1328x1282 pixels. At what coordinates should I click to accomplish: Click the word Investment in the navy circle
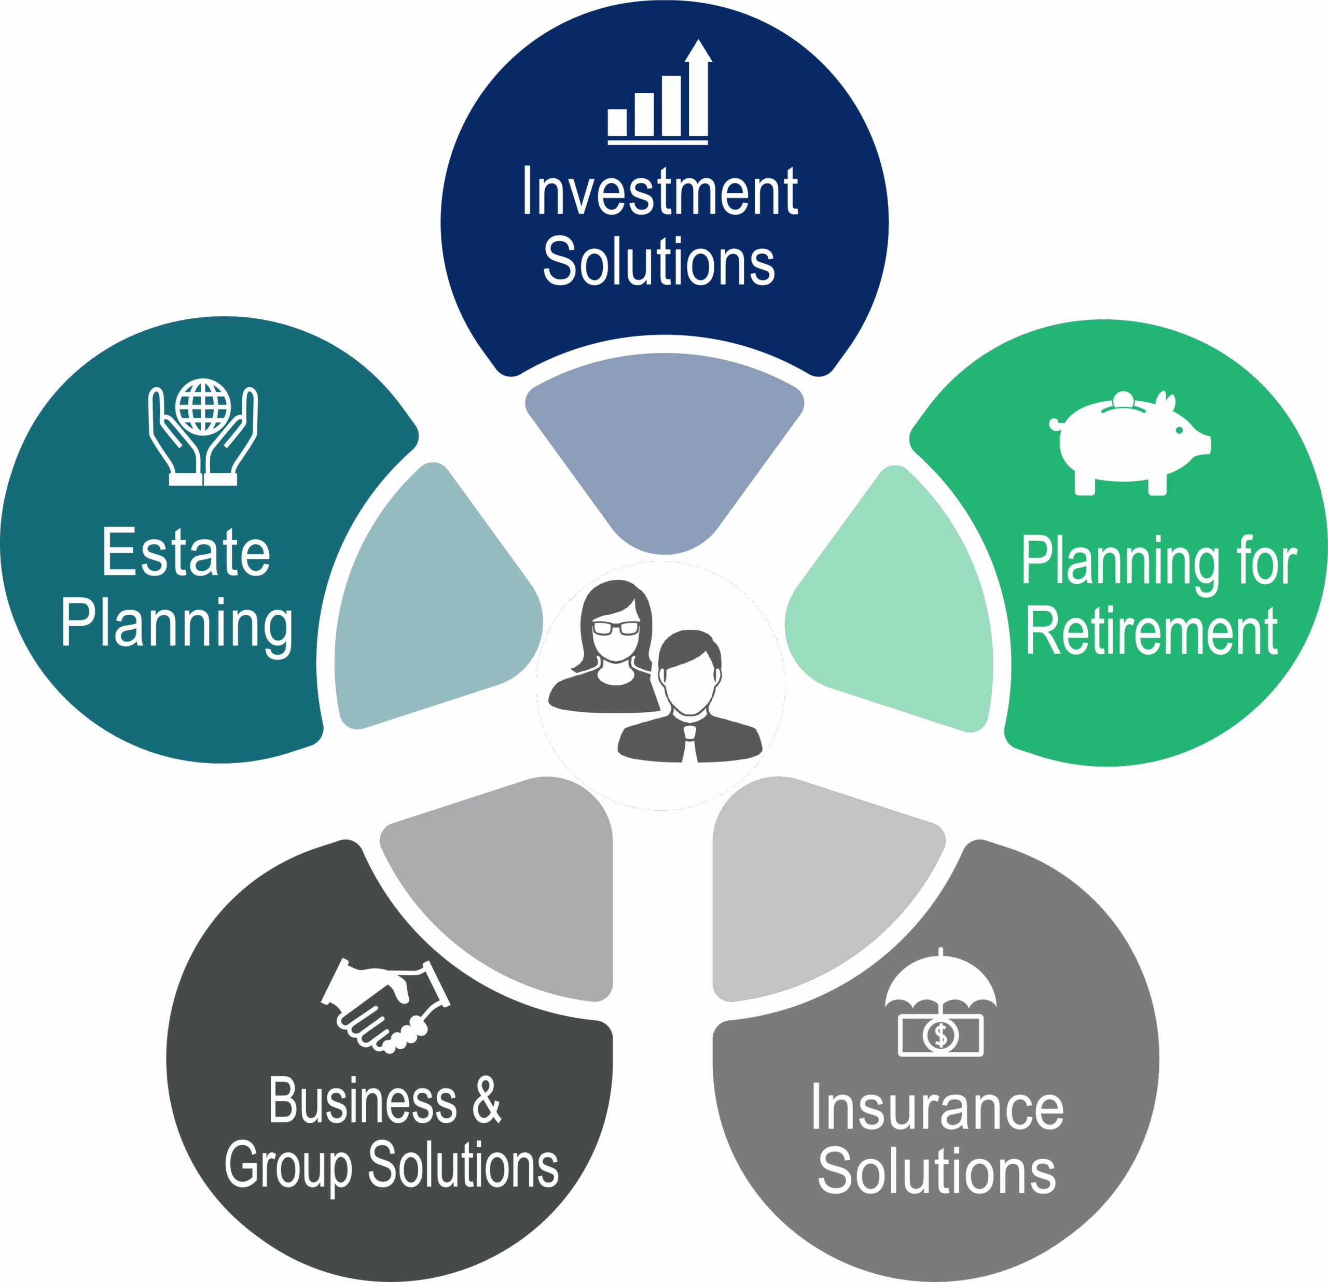(x=659, y=193)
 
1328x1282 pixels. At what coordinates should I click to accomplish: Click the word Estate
(x=186, y=553)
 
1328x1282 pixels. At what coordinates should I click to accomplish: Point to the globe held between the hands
(x=203, y=406)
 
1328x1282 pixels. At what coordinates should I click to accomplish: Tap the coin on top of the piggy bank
(x=1123, y=400)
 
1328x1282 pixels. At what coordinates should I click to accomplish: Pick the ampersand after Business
(x=487, y=1100)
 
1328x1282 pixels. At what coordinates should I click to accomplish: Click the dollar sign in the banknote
(x=940, y=1034)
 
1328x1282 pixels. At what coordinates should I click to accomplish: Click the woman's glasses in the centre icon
(x=615, y=628)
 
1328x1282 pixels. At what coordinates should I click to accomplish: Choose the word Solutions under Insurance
(x=937, y=1171)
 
